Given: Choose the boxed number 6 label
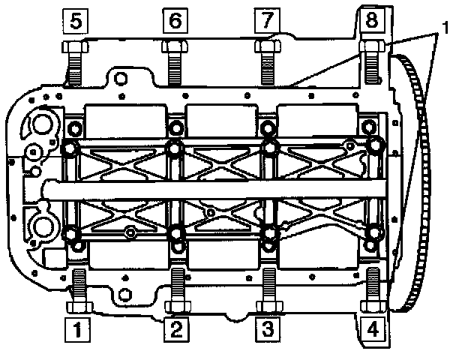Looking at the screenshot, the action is [175, 20].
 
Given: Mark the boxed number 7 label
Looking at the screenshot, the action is [265, 20].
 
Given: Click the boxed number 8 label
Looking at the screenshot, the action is [371, 20].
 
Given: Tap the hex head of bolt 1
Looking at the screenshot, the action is [77, 306].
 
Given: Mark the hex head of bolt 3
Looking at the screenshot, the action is [267, 306].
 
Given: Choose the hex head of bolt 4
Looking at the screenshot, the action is [372, 306].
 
